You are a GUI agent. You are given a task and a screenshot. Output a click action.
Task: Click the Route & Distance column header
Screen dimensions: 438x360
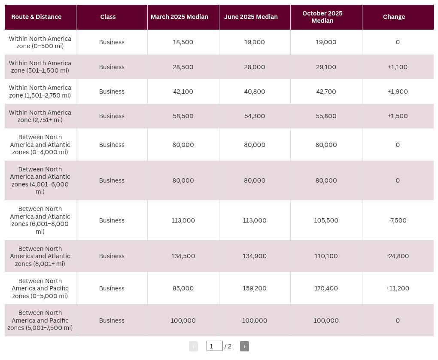point(36,17)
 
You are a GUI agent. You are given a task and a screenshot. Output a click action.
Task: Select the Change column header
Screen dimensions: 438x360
point(394,17)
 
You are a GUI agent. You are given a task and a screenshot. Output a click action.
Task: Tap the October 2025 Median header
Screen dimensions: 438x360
point(322,17)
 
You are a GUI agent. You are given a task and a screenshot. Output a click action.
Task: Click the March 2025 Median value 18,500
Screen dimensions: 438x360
point(183,42)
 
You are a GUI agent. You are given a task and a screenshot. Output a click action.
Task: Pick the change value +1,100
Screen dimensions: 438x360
point(398,67)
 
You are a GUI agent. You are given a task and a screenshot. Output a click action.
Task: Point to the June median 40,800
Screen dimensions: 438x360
point(255,92)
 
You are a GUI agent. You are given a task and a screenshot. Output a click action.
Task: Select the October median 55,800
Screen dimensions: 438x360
point(326,116)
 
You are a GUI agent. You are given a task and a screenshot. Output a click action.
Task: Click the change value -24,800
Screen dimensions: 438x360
point(398,256)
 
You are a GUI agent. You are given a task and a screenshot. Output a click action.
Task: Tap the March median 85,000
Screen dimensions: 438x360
point(183,288)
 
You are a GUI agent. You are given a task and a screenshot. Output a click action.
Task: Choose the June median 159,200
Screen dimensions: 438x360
point(255,288)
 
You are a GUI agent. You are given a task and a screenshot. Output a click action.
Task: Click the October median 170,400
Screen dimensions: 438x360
point(326,288)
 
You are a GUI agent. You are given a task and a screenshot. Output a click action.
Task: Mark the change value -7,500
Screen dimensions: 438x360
point(398,220)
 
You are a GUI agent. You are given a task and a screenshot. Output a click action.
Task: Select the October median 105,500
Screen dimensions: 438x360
point(326,220)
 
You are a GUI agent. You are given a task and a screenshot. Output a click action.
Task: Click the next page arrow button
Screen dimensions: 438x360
point(244,346)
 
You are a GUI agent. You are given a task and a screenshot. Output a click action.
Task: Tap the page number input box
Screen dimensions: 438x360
point(215,346)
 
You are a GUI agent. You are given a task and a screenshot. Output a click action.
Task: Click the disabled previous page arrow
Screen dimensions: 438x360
point(193,346)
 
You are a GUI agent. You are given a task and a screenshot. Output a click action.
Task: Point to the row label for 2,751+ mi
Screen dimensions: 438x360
point(40,116)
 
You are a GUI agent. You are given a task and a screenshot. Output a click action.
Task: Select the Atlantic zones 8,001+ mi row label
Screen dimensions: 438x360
point(40,256)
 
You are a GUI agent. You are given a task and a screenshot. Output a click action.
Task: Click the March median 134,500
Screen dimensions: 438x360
point(183,256)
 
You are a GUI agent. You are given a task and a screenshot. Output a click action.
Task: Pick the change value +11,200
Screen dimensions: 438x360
point(398,288)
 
